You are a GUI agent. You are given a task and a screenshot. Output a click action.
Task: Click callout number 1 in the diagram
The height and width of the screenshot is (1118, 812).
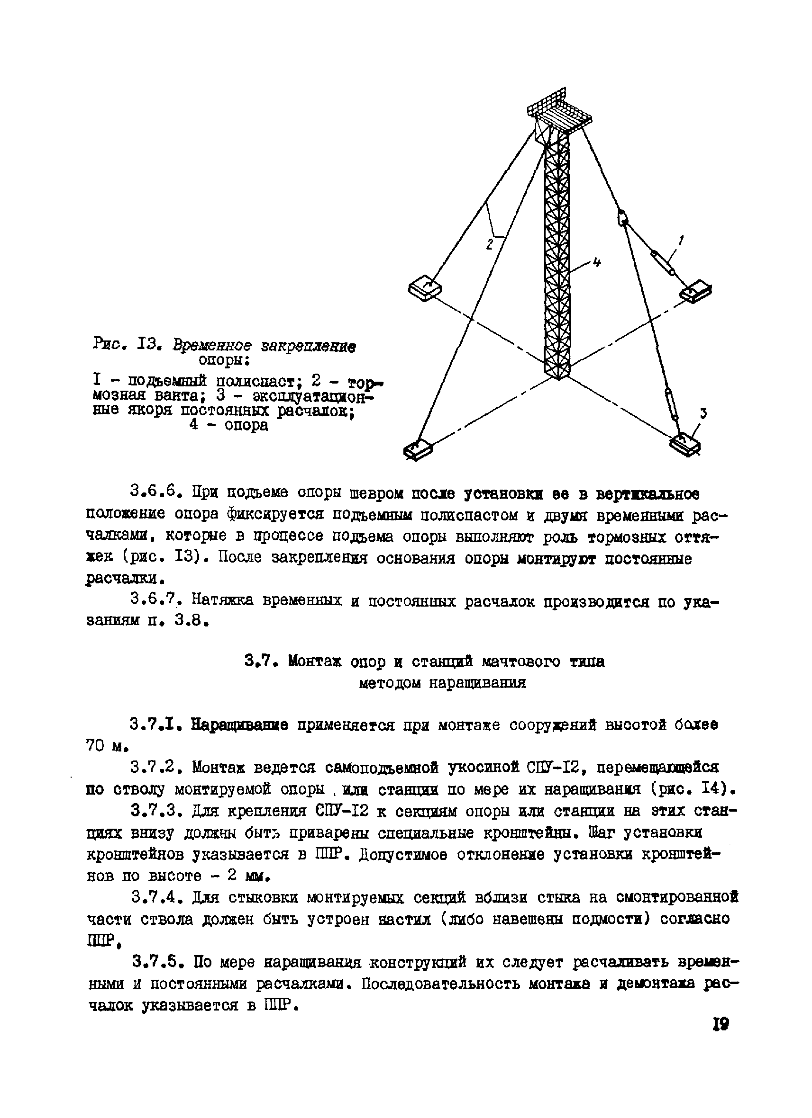681,241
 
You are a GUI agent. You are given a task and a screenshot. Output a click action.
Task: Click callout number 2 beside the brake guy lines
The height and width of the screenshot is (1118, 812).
489,244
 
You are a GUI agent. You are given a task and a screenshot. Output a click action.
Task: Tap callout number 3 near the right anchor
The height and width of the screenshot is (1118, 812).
704,413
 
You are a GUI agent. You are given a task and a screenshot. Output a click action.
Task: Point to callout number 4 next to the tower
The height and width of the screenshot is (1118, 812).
596,263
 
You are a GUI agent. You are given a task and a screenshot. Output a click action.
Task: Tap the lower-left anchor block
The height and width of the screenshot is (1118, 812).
419,448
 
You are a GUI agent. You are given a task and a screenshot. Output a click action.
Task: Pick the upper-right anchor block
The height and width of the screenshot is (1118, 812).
696,291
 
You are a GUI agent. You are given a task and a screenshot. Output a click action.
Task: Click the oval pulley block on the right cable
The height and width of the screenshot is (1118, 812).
623,218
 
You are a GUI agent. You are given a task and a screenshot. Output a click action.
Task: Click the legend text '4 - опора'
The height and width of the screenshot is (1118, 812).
228,424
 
